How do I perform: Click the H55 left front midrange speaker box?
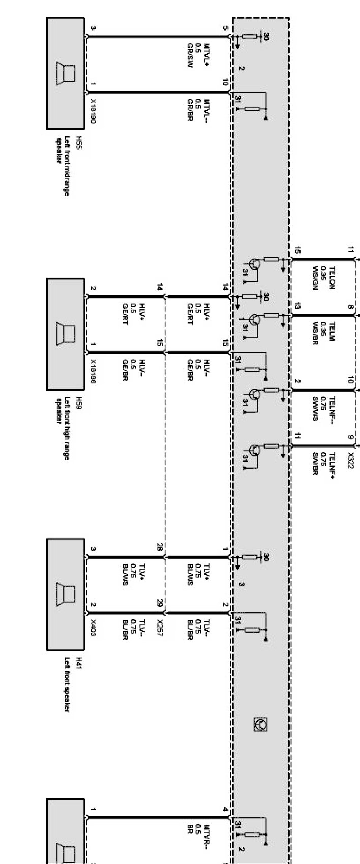pyautogui.click(x=66, y=73)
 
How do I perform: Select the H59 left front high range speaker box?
pyautogui.click(x=66, y=333)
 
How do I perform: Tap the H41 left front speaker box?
pyautogui.click(x=66, y=593)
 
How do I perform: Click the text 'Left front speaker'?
pyautogui.click(x=67, y=683)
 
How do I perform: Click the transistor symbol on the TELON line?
pyautogui.click(x=255, y=264)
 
